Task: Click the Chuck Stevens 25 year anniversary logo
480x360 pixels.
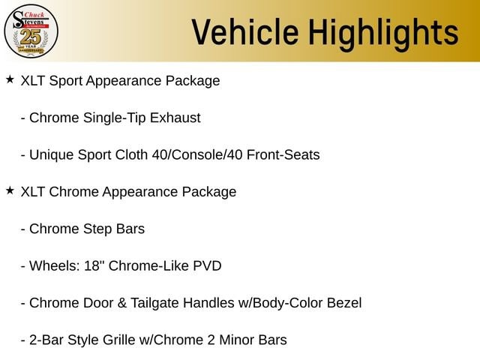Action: (x=31, y=31)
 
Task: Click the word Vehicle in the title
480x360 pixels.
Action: (x=245, y=32)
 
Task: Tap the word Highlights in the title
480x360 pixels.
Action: (x=383, y=34)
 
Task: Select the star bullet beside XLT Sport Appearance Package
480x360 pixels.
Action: (x=10, y=79)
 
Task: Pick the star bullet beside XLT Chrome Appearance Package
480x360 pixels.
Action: (x=10, y=190)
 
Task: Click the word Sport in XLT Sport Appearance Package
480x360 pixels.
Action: (x=66, y=82)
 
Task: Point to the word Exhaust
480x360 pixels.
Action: (x=175, y=118)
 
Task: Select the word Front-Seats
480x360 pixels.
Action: (x=283, y=155)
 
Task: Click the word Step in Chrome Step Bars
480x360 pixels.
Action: (x=97, y=229)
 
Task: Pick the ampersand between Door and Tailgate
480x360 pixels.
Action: (x=121, y=303)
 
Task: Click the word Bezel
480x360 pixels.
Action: (x=344, y=303)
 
